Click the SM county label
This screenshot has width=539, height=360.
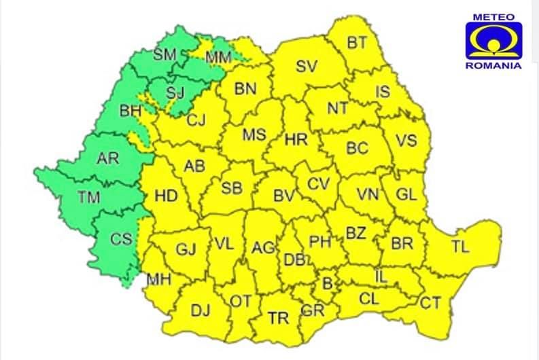pyautogui.click(x=165, y=55)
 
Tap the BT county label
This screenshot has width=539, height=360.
pyautogui.click(x=357, y=43)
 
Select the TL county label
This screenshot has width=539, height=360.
pyautogui.click(x=460, y=247)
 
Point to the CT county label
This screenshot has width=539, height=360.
pyautogui.click(x=430, y=303)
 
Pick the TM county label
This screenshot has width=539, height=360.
pyautogui.click(x=89, y=198)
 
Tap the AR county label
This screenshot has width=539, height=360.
pyautogui.click(x=107, y=160)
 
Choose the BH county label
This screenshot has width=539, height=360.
pyautogui.click(x=130, y=109)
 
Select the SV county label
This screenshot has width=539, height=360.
pyautogui.click(x=307, y=67)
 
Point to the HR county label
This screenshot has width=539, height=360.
pyautogui.click(x=296, y=141)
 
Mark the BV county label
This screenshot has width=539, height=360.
pyautogui.click(x=283, y=196)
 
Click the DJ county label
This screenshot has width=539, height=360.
pyautogui.click(x=200, y=311)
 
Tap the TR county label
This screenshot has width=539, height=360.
pyautogui.click(x=277, y=318)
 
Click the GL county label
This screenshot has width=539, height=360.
pyautogui.click(x=406, y=195)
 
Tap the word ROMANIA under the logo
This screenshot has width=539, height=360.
pyautogui.click(x=493, y=66)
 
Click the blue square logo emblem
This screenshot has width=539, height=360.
pyautogui.click(x=493, y=41)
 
